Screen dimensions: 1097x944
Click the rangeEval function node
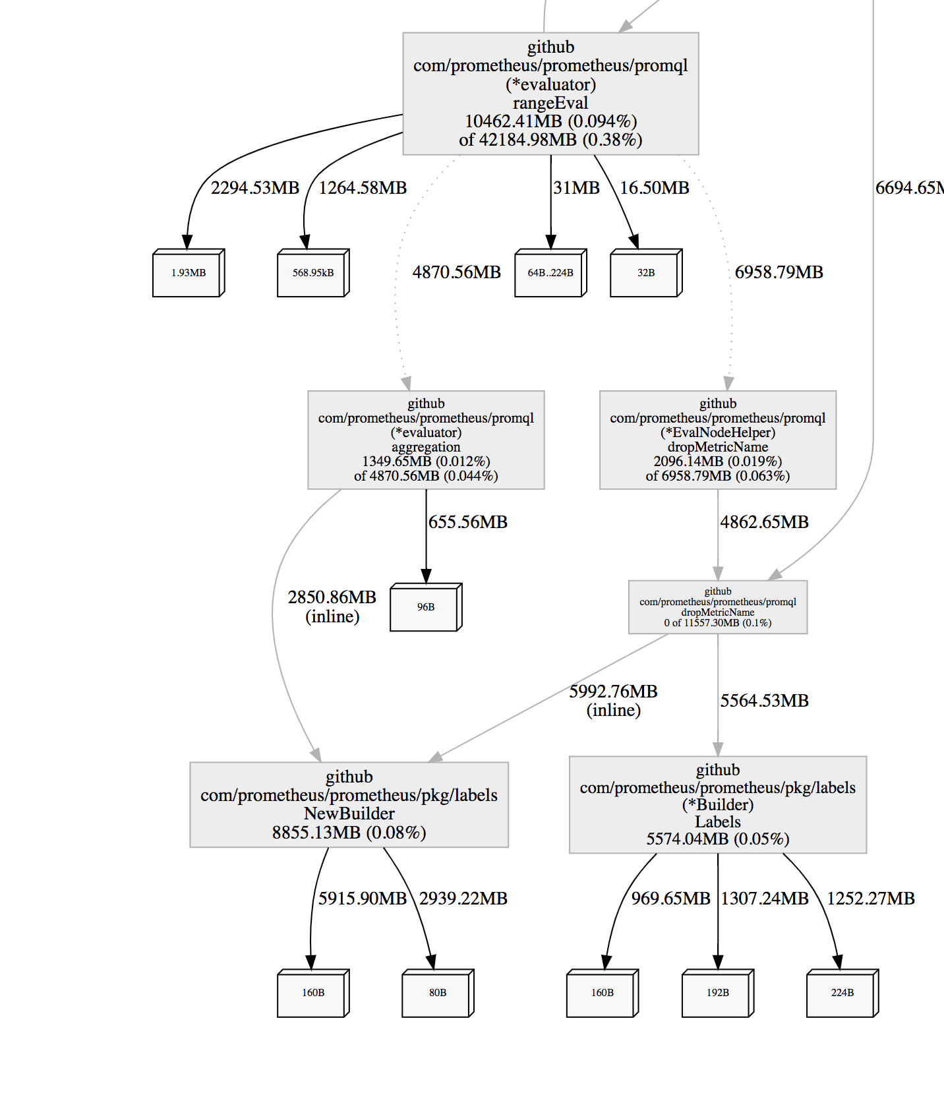click(550, 94)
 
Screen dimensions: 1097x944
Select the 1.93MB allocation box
click(188, 273)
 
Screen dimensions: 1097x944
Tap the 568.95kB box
click(312, 273)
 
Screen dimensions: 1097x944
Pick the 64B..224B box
click(550, 273)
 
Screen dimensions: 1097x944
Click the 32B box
click(645, 273)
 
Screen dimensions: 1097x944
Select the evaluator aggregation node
click(426, 440)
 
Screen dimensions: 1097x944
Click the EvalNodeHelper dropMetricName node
click(717, 440)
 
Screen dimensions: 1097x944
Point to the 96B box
click(425, 607)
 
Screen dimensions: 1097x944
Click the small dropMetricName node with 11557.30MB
click(717, 607)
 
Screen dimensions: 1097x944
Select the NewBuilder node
click(349, 804)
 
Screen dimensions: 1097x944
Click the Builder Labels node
click(717, 804)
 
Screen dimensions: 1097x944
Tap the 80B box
click(437, 993)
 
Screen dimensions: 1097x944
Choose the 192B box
click(717, 993)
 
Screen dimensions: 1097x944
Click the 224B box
click(842, 993)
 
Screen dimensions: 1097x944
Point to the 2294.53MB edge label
click(255, 188)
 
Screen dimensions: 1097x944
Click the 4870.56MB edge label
click(456, 272)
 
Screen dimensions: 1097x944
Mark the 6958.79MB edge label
click(779, 272)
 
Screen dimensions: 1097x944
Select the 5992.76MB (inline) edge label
click(613, 700)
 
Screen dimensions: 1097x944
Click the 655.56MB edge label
click(468, 522)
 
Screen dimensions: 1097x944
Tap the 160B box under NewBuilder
click(312, 993)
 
